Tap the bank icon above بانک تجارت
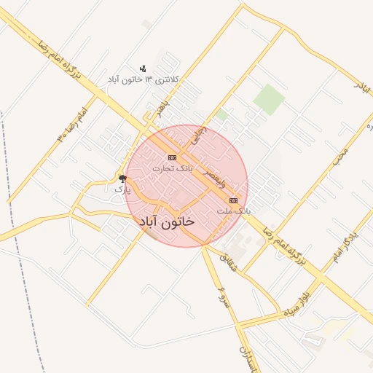click(173, 157)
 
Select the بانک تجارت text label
click(173, 168)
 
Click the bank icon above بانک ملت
click(233, 200)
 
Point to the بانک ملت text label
click(233, 210)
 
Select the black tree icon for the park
click(122, 178)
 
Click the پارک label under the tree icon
click(121, 189)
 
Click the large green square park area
click(268, 99)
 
